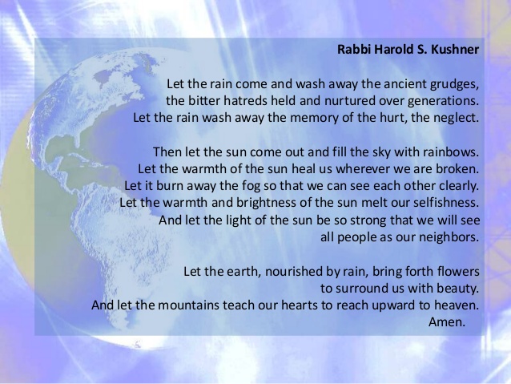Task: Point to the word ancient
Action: point(404,84)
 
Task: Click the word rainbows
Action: point(451,152)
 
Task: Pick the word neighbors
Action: point(449,237)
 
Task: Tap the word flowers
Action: point(458,271)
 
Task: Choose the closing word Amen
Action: point(447,322)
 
